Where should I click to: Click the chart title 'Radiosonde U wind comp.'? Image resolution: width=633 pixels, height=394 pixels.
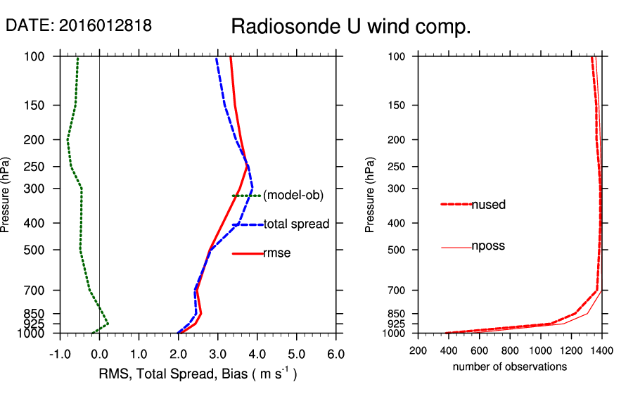351,27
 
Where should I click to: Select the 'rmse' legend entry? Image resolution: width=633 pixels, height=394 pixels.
276,253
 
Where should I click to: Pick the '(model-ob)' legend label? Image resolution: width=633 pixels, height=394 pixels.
293,196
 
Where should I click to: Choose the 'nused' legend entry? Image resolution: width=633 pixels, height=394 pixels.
488,205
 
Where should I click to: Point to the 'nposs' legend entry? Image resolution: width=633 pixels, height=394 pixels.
488,246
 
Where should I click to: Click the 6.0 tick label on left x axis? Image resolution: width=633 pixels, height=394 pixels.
336,354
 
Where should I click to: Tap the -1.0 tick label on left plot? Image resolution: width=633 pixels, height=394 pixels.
59,354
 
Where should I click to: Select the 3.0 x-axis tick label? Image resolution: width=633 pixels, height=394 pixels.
217,354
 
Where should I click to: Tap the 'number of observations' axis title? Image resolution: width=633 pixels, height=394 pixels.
510,367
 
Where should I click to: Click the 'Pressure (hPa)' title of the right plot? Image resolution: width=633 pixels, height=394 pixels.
371,195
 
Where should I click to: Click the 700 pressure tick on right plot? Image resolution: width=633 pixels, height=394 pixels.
398,290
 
